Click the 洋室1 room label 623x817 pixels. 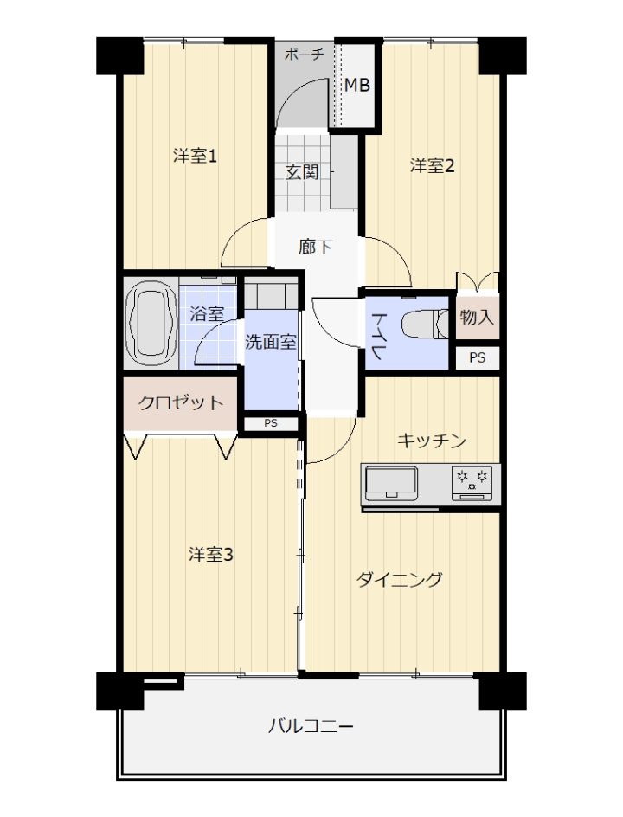pyautogui.click(x=195, y=156)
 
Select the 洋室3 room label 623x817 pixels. pyautogui.click(x=210, y=555)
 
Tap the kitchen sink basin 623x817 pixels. pyautogui.click(x=392, y=483)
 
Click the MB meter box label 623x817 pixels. pyautogui.click(x=357, y=85)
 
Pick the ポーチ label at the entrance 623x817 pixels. pyautogui.click(x=305, y=55)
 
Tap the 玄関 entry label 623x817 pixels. pyautogui.click(x=302, y=172)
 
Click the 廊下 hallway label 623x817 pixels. pyautogui.click(x=315, y=247)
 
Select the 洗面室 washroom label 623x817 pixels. pyautogui.click(x=271, y=342)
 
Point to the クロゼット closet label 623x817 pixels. pyautogui.click(x=180, y=402)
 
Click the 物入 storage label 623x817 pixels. pyautogui.click(x=477, y=316)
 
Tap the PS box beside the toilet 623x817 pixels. pyautogui.click(x=477, y=358)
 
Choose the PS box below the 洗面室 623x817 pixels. pyautogui.click(x=271, y=423)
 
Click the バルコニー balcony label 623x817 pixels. pyautogui.click(x=311, y=726)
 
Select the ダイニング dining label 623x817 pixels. pyautogui.click(x=400, y=579)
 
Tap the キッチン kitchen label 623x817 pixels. pyautogui.click(x=431, y=441)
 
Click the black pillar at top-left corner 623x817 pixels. pyautogui.click(x=119, y=55)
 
